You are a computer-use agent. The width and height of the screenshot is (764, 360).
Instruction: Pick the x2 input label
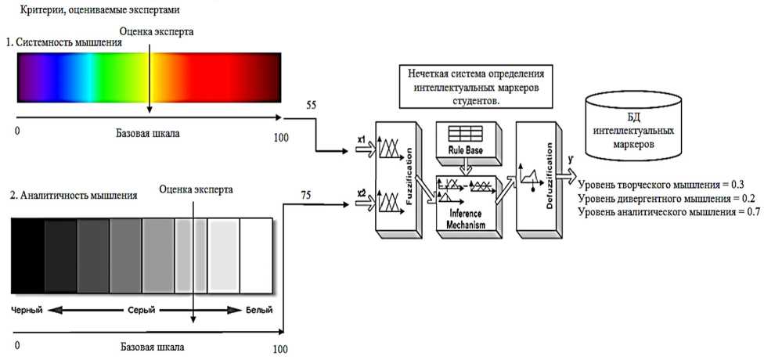click(362, 192)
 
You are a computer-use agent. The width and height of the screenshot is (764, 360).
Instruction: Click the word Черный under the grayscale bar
click(26, 310)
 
